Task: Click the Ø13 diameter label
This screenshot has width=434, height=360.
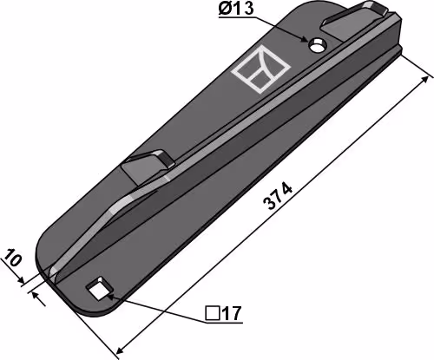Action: click(236, 9)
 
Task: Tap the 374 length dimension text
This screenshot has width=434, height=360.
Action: click(279, 196)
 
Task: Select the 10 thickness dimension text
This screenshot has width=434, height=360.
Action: click(12, 258)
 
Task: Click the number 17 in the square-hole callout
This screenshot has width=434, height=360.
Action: click(231, 313)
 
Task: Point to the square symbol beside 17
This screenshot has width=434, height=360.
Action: click(213, 313)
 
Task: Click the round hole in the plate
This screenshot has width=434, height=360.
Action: click(318, 45)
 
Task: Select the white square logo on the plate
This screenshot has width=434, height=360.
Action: click(260, 69)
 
